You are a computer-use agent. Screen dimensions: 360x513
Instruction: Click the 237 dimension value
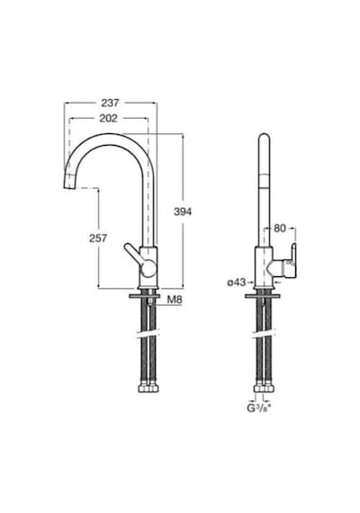click(110, 103)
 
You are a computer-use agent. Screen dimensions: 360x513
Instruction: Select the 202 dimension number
click(108, 119)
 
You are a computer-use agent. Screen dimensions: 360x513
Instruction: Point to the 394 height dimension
click(183, 212)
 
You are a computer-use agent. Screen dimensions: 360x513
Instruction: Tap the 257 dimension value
click(98, 238)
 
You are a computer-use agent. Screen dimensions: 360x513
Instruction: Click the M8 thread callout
click(175, 300)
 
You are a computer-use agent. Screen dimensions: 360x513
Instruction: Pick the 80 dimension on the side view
click(280, 229)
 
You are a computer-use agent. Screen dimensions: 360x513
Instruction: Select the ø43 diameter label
click(237, 282)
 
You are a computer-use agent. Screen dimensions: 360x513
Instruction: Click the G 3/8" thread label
click(260, 409)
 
